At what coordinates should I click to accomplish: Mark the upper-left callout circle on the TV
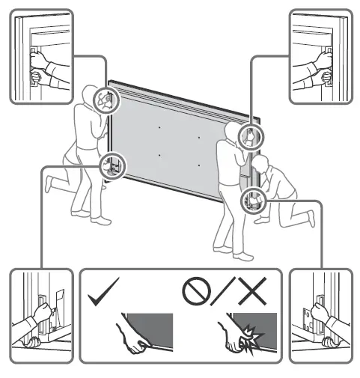(106, 100)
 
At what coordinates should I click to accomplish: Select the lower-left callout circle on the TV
(112, 162)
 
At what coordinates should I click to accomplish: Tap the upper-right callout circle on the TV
(248, 135)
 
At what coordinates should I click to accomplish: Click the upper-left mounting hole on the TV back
(159, 127)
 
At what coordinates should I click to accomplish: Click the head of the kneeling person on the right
(260, 165)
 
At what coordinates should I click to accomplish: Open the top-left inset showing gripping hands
(40, 57)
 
